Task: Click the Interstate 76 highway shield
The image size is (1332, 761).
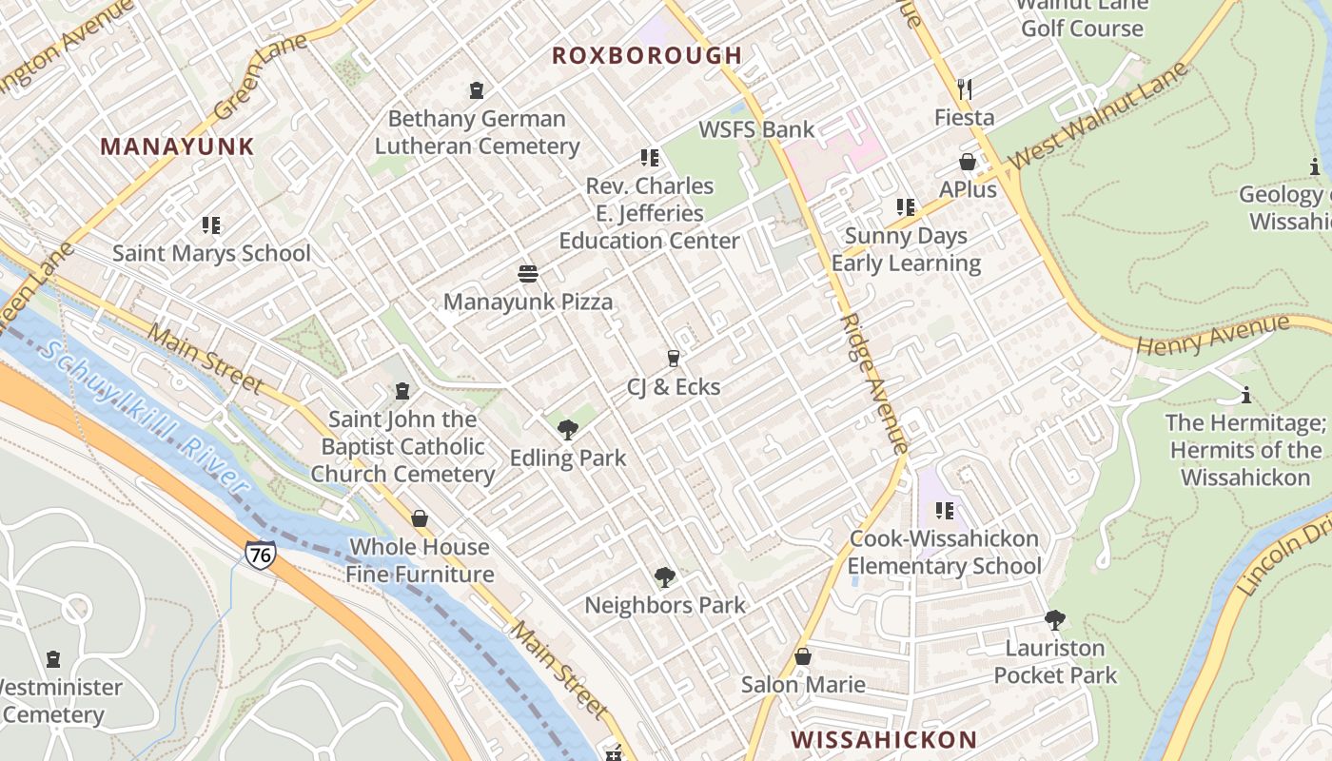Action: coord(260,555)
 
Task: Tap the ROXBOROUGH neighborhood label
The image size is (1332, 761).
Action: coord(647,55)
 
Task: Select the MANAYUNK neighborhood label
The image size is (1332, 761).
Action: coord(177,146)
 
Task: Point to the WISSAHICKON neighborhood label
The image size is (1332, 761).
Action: coord(884,739)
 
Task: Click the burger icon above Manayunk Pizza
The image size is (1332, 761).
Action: coord(528,274)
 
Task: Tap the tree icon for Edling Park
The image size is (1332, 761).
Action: coord(568,430)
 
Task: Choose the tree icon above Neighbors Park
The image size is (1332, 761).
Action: coord(665,576)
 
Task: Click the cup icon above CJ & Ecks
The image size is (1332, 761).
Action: coord(674,359)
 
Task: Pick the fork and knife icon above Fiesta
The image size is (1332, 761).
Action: coord(966,89)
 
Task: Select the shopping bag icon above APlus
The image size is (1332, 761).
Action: coord(968,162)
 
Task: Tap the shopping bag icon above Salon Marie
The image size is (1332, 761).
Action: coord(803,656)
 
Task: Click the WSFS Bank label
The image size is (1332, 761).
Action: coord(756,129)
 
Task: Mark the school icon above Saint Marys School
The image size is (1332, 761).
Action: coord(211,225)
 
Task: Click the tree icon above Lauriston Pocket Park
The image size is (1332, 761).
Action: coord(1054,620)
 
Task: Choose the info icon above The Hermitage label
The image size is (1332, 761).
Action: coord(1245,395)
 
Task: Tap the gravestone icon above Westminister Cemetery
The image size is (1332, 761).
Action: coord(53,659)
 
